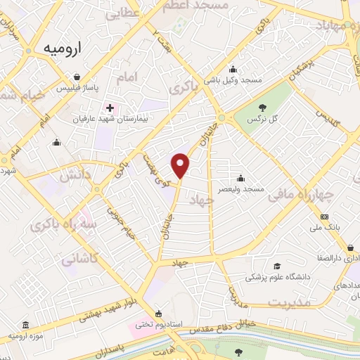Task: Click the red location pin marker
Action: tap(181, 165)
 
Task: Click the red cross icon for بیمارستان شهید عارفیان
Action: tap(109, 108)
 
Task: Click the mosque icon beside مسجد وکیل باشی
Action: tap(233, 69)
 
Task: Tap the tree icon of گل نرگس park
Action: tap(262, 108)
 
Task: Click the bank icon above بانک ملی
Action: tap(324, 217)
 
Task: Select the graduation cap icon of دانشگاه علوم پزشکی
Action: tap(277, 266)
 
